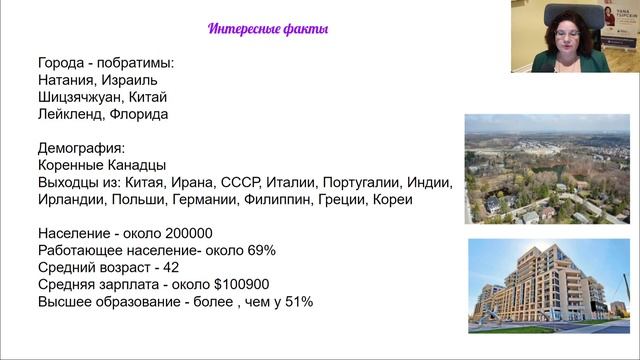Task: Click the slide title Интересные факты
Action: (269, 28)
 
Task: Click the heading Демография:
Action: (82, 149)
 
